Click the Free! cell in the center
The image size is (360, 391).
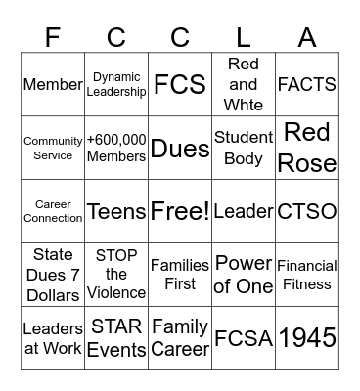(180, 211)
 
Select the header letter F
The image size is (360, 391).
(53, 37)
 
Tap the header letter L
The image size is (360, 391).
(244, 37)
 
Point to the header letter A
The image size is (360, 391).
(307, 37)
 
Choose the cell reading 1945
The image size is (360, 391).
(307, 337)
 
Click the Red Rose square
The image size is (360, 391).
(307, 148)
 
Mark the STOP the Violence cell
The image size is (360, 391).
(116, 275)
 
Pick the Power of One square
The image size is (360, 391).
(244, 275)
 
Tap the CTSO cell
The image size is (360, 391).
(307, 211)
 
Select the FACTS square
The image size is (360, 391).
(307, 84)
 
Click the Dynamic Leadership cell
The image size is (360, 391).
(116, 84)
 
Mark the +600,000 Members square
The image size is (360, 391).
(116, 148)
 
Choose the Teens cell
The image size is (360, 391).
(116, 211)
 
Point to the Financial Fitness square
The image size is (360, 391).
(307, 275)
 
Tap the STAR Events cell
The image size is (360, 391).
(116, 337)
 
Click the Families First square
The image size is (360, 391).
(180, 275)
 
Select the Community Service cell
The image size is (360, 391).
(53, 148)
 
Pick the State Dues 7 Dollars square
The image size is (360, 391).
(53, 275)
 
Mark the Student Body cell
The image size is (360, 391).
(244, 148)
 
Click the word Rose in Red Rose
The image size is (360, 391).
(307, 161)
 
